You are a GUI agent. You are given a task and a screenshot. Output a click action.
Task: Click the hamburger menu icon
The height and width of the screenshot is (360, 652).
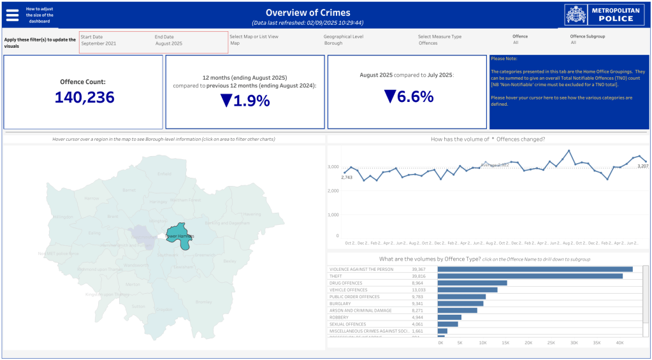click(12, 14)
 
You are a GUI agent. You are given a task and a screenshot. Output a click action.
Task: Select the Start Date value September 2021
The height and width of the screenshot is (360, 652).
click(98, 43)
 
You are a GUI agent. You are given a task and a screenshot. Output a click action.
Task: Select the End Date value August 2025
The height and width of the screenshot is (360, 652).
click(168, 43)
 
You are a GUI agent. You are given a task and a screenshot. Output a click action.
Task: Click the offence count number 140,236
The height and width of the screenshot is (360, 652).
click(84, 97)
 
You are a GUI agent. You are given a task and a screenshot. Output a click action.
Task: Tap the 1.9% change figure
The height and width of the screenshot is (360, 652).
click(245, 101)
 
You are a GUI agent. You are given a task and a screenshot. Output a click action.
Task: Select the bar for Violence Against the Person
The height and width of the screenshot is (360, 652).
click(535, 269)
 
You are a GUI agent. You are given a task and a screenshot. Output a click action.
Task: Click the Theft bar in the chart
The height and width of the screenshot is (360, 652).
click(530, 276)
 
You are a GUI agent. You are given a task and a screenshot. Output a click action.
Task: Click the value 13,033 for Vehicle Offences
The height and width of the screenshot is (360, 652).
click(419, 290)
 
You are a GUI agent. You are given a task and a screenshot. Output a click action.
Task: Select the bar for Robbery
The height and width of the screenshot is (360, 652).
click(449, 317)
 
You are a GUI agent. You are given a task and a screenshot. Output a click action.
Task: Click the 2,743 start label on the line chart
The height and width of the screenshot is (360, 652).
click(347, 178)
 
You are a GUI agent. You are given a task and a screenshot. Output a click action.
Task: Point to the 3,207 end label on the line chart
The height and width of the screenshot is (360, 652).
click(642, 166)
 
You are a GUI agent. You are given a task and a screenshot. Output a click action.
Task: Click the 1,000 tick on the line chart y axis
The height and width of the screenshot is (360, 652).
click(334, 215)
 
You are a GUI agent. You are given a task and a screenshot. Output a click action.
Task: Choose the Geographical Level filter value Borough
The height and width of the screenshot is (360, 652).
click(333, 43)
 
